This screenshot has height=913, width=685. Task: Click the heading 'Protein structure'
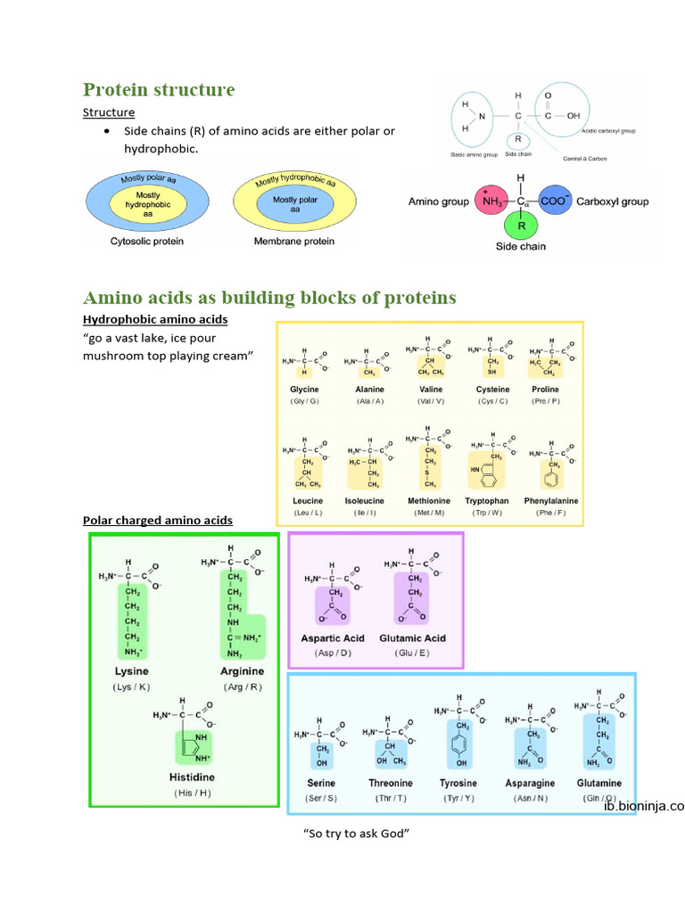159,90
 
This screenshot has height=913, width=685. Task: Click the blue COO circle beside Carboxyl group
552,202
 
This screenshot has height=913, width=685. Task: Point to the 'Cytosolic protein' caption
146,242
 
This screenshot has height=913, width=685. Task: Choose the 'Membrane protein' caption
294,242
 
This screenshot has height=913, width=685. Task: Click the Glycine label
304,390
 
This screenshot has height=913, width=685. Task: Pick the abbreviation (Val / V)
431,401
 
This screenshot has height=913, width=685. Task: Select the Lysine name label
131,670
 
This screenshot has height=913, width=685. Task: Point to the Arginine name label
242,670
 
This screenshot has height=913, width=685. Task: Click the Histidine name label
192,777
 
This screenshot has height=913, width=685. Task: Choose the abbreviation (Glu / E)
411,653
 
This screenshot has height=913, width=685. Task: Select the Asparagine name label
530,784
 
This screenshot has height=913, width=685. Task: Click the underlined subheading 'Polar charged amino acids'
158,520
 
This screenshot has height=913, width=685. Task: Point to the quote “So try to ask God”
356,834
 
